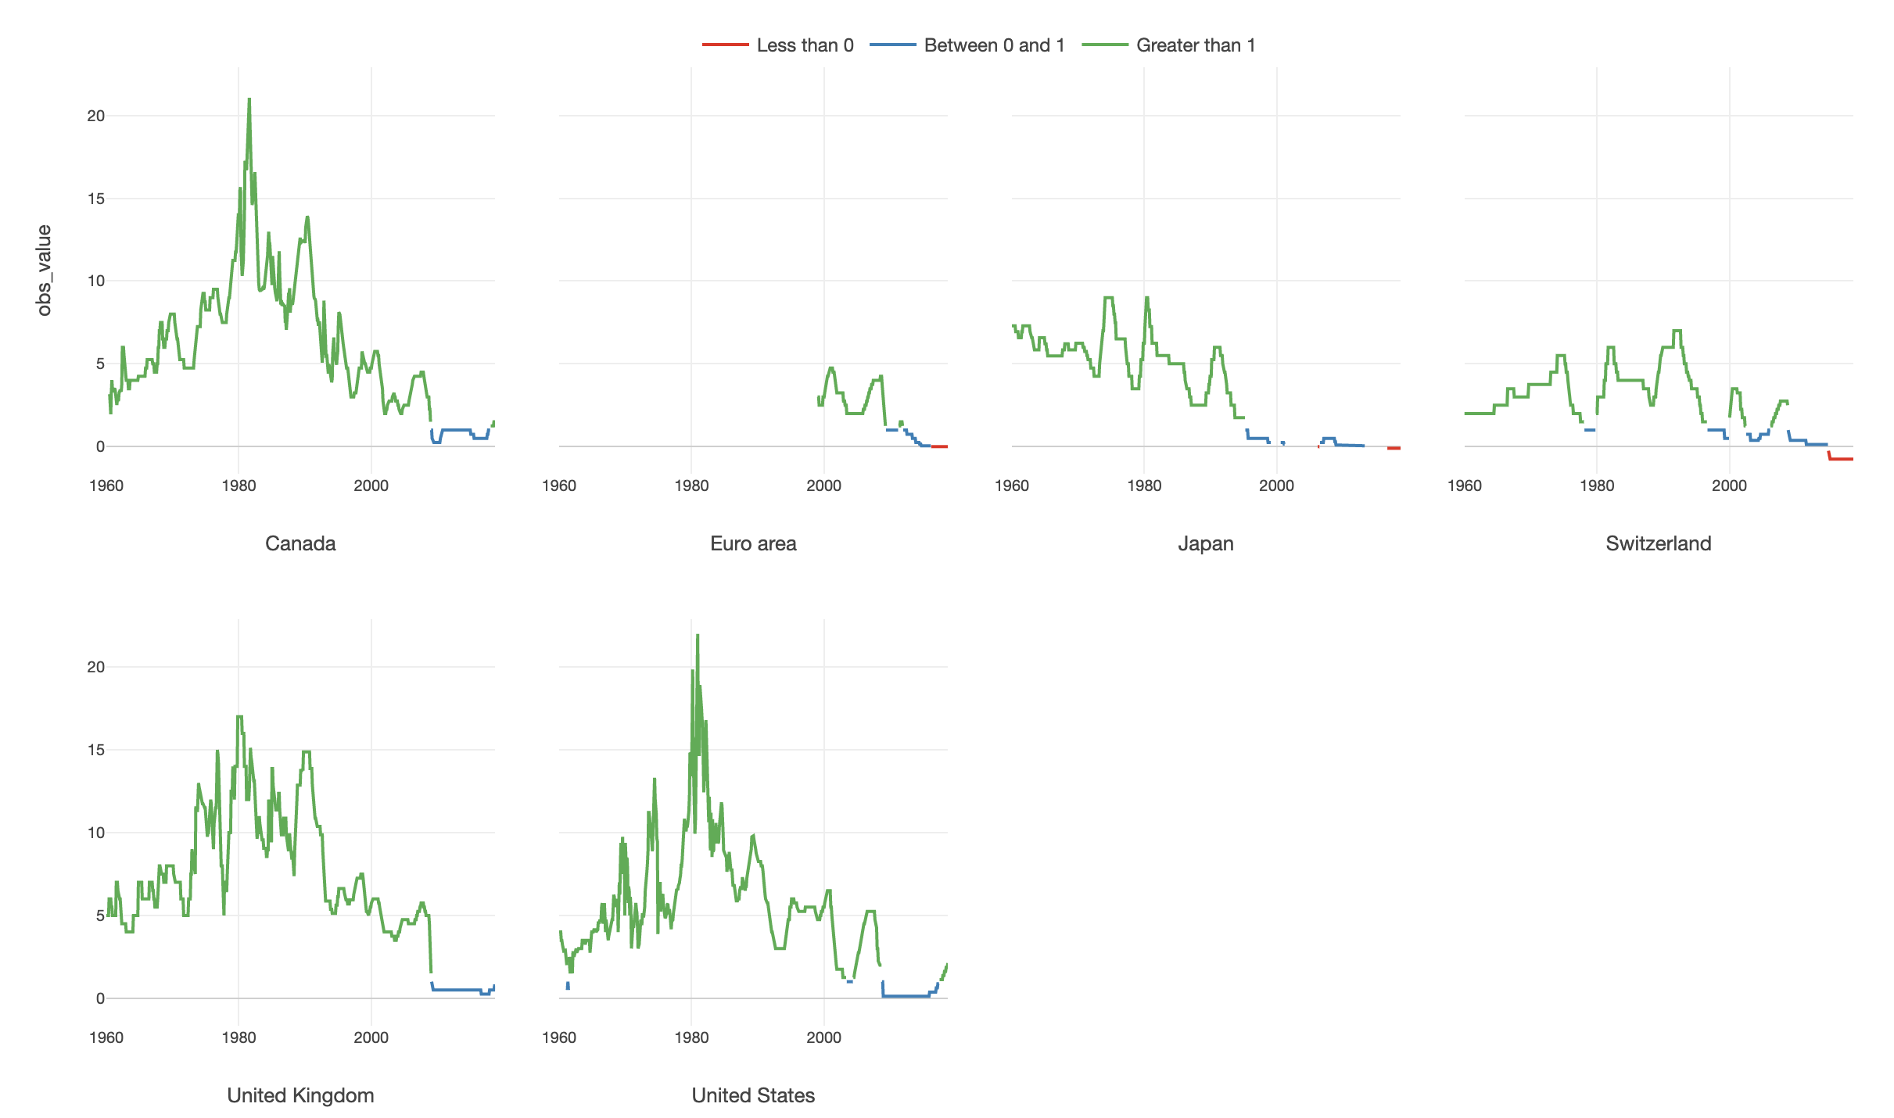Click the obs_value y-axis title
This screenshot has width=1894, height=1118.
(x=45, y=271)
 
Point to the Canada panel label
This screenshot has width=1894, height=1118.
(x=300, y=543)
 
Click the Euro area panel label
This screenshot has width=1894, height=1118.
(x=753, y=543)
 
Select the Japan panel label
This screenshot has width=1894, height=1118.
(x=1205, y=543)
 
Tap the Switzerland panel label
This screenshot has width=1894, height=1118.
(x=1658, y=543)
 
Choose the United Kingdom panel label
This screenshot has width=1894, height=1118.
(x=300, y=1095)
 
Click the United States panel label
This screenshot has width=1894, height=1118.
(x=753, y=1095)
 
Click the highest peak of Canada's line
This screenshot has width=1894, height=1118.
(x=249, y=99)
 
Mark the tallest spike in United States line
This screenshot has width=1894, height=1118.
(x=698, y=635)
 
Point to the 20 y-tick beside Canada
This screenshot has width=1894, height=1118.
(x=95, y=116)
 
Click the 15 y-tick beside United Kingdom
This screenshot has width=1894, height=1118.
(x=95, y=750)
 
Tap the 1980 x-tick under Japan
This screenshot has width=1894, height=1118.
(x=1144, y=486)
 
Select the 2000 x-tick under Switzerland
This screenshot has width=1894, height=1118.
(x=1729, y=486)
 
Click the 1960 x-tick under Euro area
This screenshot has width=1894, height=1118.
(x=559, y=486)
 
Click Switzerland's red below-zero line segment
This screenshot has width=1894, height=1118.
(x=1842, y=459)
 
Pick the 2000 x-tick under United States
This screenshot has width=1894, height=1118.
(x=823, y=1037)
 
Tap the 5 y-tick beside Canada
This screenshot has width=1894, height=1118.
(x=99, y=364)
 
